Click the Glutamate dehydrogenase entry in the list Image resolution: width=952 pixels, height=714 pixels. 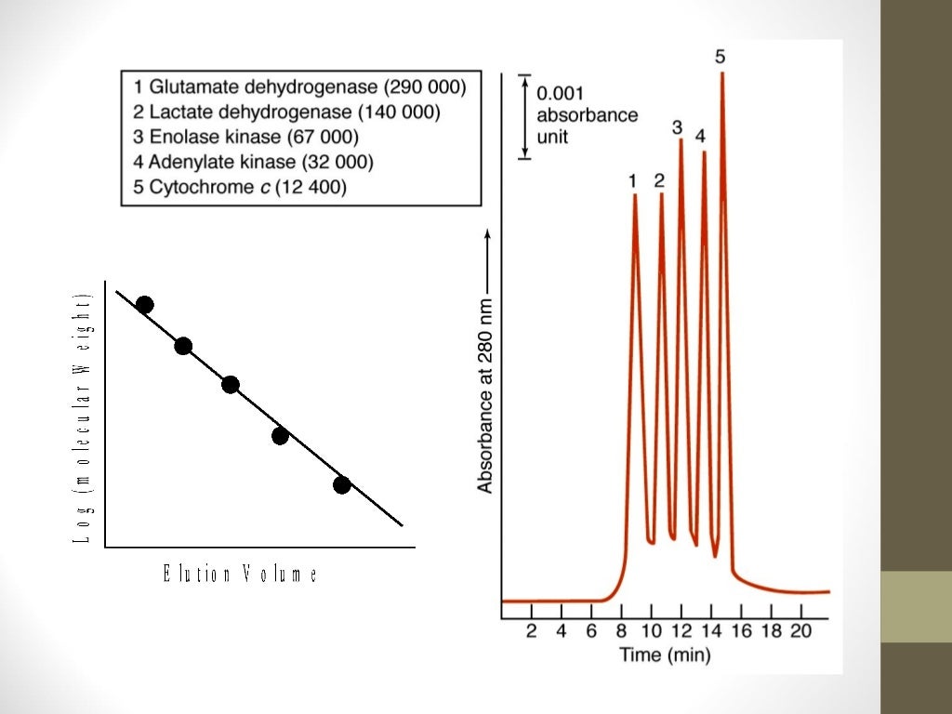pos(299,87)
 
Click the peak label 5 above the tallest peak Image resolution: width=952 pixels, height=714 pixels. pos(721,57)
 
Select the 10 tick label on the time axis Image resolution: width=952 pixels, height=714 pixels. pos(651,631)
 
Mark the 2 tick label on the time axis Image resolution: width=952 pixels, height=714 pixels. pos(532,631)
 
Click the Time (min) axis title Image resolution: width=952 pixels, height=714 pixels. pos(665,655)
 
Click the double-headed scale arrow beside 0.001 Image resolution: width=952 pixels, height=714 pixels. pos(522,115)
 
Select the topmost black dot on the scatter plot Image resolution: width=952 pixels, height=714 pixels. pos(144,305)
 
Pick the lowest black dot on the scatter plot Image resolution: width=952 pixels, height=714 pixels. pos(341,484)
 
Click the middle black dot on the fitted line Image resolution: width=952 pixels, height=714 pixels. pos(231,384)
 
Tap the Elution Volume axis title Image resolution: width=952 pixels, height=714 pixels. pos(240,575)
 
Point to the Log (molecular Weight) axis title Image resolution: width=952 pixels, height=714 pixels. pos(85,418)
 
